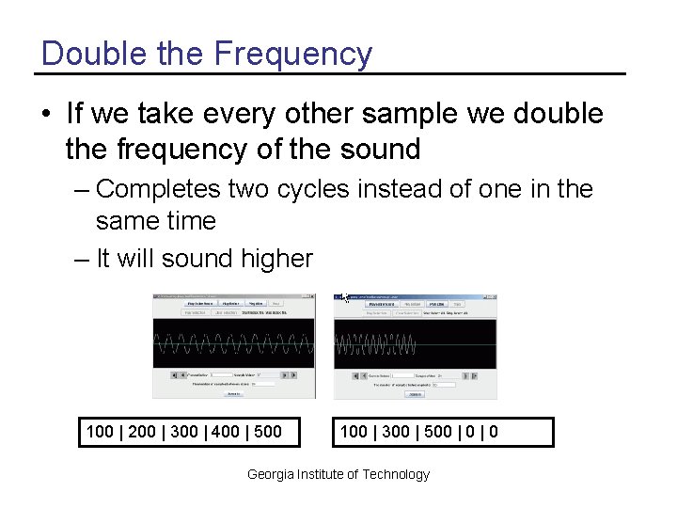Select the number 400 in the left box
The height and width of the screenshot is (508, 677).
225,432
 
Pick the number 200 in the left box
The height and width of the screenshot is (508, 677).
141,432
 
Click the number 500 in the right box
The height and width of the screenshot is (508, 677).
437,432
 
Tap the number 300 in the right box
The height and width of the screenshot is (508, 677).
396,432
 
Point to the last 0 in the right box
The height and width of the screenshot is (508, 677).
494,432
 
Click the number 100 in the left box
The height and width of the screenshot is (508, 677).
100,432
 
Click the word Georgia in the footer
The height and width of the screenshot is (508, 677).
270,474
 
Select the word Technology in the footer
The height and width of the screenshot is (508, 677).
396,474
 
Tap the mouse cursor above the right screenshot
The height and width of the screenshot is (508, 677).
345,297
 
